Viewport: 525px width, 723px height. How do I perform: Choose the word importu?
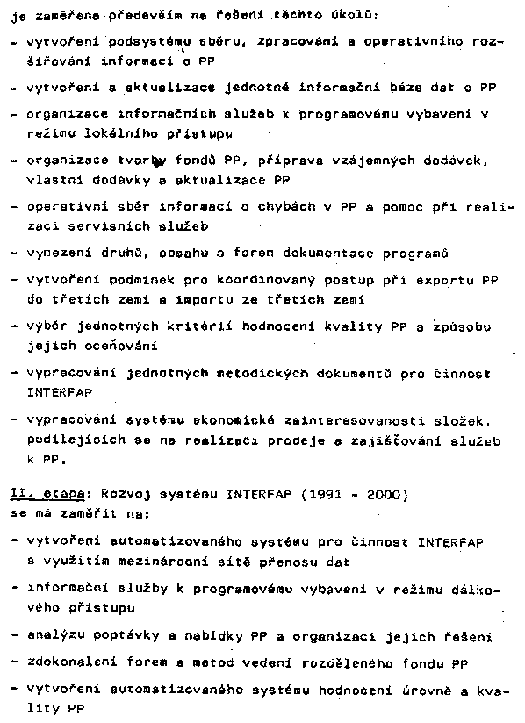point(240,300)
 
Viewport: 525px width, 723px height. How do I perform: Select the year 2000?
point(387,493)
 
